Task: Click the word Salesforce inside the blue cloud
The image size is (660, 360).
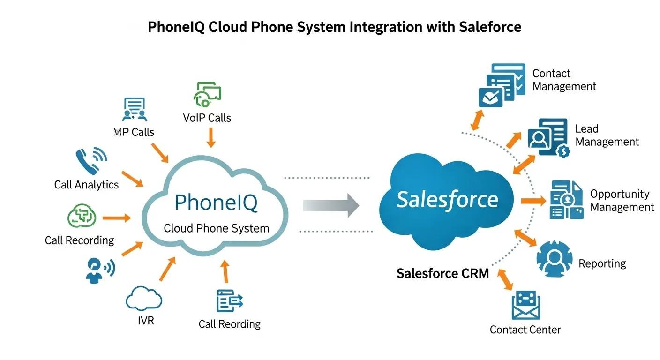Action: (447, 200)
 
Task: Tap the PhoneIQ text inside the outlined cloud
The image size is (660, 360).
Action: (216, 203)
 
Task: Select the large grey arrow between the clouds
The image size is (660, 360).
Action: (331, 205)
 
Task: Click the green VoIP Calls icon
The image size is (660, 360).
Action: (207, 94)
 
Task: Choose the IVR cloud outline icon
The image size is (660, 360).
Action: (144, 299)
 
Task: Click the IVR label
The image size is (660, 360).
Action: (146, 321)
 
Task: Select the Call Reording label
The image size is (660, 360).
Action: (229, 324)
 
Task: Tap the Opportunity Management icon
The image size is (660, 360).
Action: (566, 200)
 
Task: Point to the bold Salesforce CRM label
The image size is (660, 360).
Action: (442, 273)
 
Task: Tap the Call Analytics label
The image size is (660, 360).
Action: (86, 185)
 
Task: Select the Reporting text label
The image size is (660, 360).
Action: (602, 263)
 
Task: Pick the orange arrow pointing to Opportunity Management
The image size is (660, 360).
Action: (533, 201)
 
